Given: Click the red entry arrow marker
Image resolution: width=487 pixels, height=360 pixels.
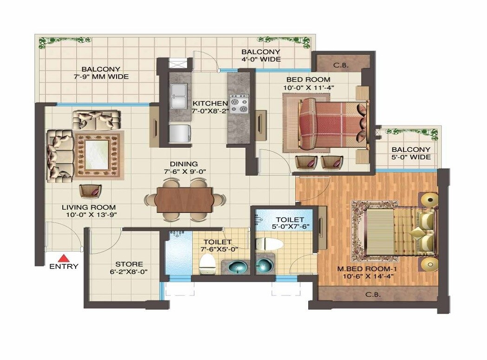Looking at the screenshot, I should [64, 258].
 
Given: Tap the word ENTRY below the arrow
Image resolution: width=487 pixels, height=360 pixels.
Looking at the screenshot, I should [64, 267].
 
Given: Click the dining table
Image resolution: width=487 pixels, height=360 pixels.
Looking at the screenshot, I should [184, 199].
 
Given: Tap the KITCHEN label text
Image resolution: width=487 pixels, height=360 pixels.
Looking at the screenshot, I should [210, 103].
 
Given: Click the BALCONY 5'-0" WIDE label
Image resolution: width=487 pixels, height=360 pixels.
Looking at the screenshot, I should [411, 153].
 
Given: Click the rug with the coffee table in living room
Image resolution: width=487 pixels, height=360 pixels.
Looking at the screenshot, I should [99, 155].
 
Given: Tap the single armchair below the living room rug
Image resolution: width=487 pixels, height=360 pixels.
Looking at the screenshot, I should [90, 191].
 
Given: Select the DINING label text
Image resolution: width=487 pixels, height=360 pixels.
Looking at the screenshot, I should [184, 164].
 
